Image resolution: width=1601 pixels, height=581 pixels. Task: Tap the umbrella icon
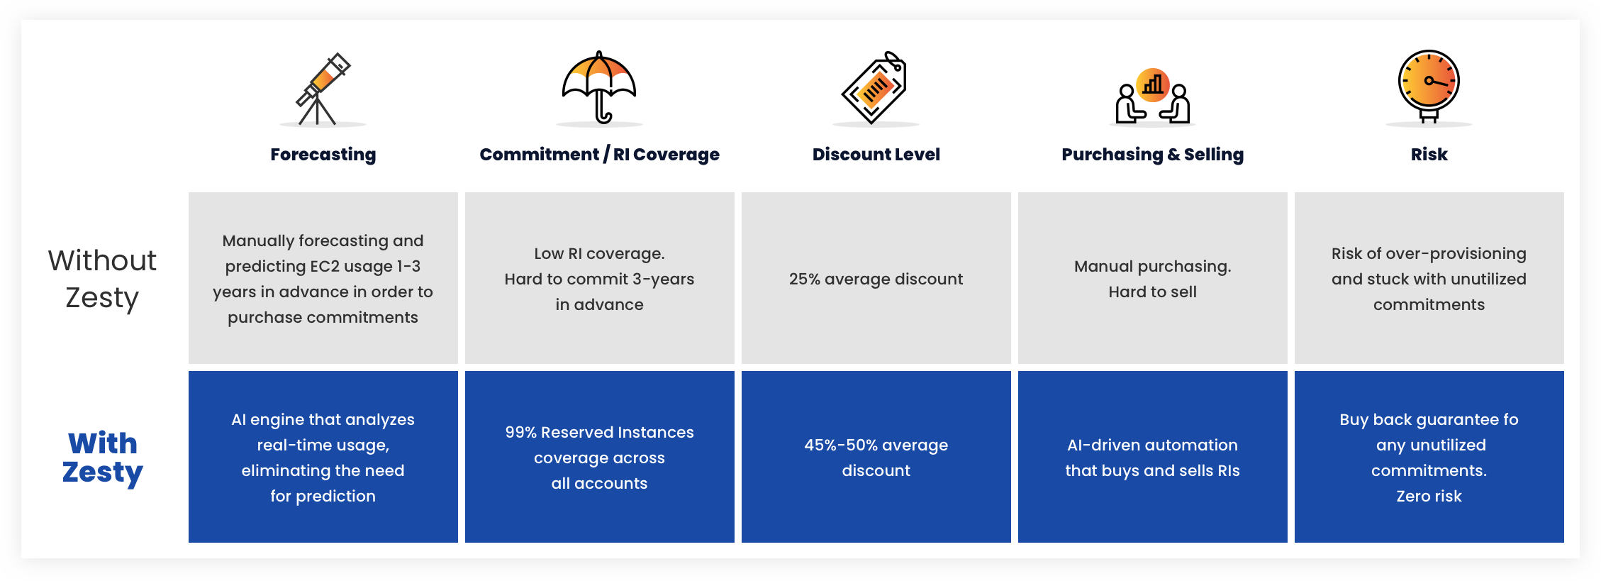(599, 87)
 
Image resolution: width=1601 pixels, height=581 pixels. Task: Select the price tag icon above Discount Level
(875, 87)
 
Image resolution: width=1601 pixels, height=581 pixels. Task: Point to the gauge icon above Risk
(1429, 86)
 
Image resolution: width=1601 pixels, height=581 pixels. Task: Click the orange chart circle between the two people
(1153, 85)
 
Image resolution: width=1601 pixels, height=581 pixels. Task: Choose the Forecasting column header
(323, 155)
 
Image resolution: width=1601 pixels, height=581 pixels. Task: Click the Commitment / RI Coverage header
(599, 155)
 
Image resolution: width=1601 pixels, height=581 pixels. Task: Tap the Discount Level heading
(876, 155)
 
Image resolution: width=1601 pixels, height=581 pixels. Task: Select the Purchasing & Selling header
(1153, 155)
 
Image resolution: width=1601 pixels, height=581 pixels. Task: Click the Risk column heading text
(1429, 155)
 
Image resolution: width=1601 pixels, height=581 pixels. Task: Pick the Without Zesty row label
(102, 279)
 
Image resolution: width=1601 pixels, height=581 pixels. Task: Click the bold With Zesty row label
(103, 458)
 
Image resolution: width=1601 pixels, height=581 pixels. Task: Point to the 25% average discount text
(876, 279)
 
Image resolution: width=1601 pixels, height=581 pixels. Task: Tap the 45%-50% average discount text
(876, 458)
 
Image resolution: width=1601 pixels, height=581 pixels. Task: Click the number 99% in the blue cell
(520, 432)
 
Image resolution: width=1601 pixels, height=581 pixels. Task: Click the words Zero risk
(1429, 496)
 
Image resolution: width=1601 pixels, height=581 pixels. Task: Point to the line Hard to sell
(1153, 292)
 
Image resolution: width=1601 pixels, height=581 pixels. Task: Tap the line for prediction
(323, 496)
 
